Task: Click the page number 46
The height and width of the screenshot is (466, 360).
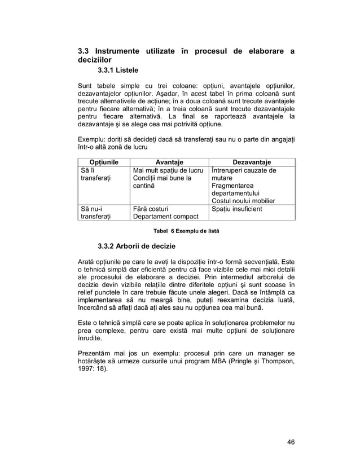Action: pyautogui.click(x=290, y=441)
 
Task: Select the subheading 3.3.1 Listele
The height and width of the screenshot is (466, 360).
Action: pyautogui.click(x=118, y=71)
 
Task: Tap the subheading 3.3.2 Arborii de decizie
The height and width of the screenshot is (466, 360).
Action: pyautogui.click(x=137, y=247)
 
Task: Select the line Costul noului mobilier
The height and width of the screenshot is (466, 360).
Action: pyautogui.click(x=243, y=201)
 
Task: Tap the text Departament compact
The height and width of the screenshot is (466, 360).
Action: pyautogui.click(x=165, y=217)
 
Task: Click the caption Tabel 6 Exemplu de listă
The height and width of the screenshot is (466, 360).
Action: pyautogui.click(x=182, y=231)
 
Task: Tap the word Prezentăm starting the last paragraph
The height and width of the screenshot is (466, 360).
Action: pyautogui.click(x=96, y=353)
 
